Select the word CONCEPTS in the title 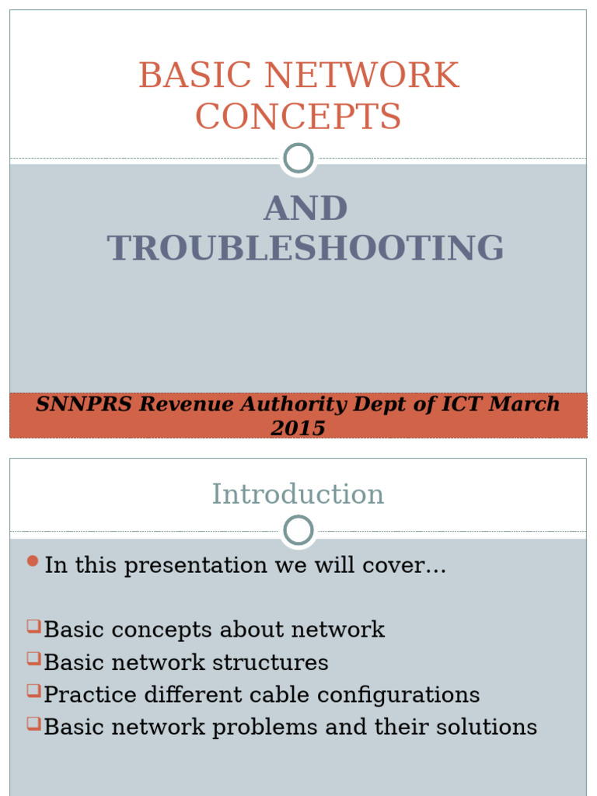coord(298,117)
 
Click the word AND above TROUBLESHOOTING coord(305,208)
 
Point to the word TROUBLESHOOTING coord(305,248)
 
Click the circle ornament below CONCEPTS coord(298,158)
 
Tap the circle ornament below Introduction coord(298,531)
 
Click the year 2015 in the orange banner coord(298,428)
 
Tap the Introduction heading coord(298,494)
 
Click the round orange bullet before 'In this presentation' coord(32,561)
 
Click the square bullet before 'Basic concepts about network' coord(33,625)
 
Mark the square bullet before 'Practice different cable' coord(33,690)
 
